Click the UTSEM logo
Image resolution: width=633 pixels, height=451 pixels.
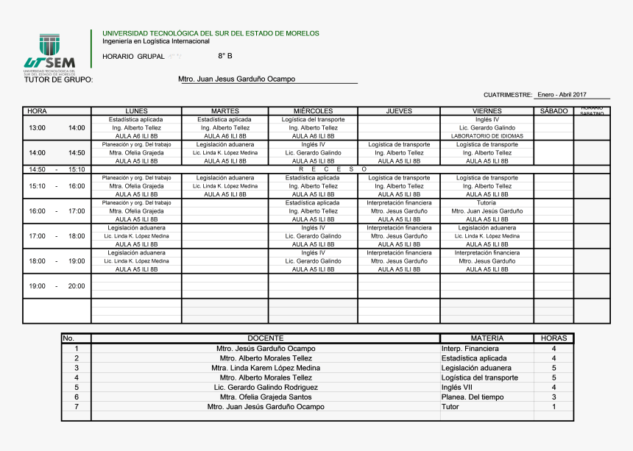(x=49, y=54)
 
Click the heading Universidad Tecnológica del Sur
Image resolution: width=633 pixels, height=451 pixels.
(x=211, y=33)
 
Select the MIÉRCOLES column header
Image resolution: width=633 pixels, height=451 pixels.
(x=313, y=111)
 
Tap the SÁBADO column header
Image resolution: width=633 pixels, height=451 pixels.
(x=554, y=111)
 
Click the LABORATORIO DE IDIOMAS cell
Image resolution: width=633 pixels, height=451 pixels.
(x=487, y=136)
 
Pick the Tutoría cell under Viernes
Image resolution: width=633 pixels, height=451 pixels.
(x=486, y=202)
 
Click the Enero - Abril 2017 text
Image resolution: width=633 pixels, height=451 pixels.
(x=562, y=95)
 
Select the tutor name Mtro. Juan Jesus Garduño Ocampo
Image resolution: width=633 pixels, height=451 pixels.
(x=236, y=79)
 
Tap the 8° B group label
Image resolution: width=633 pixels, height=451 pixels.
(x=224, y=56)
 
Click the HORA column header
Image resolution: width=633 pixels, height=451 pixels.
(x=37, y=111)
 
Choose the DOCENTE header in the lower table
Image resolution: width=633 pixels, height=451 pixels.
(x=265, y=338)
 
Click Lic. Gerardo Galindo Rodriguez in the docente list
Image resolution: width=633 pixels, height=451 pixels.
(x=266, y=387)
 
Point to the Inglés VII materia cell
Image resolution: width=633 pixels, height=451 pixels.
(x=462, y=387)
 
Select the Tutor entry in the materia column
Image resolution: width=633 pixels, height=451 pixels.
(x=450, y=406)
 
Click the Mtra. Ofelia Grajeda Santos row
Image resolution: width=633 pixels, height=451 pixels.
(x=265, y=397)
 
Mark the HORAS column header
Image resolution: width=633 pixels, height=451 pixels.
(x=554, y=338)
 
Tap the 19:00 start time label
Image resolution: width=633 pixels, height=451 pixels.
(x=37, y=286)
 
